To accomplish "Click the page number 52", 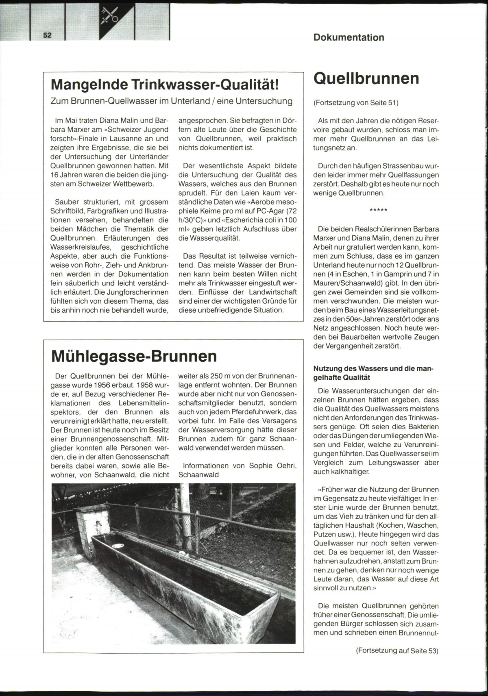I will [x=47, y=35].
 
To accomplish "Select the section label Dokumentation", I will [x=349, y=37].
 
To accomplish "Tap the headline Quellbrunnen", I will [x=366, y=78].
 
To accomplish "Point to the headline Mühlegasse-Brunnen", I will [x=134, y=356].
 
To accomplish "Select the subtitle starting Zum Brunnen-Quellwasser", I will [x=171, y=101].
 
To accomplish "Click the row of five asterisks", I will [x=378, y=210].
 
